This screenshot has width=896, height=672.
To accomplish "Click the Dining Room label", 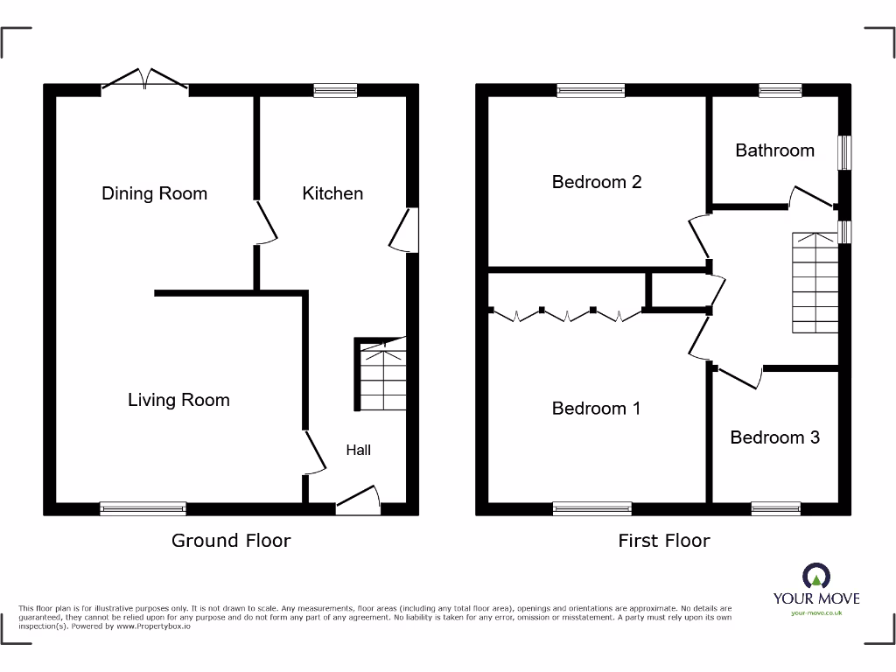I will pyautogui.click(x=154, y=193).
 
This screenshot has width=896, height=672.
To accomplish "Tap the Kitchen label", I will pyautogui.click(x=332, y=193).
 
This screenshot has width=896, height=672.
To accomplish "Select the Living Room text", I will pyautogui.click(x=178, y=400).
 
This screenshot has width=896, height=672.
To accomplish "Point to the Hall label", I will pyautogui.click(x=358, y=450).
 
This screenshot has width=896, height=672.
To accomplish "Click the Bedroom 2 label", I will pyautogui.click(x=597, y=182).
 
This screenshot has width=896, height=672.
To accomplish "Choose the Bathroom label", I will pyautogui.click(x=774, y=150).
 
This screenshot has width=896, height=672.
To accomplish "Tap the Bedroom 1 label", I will pyautogui.click(x=597, y=408).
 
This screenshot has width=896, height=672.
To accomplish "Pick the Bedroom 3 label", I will pyautogui.click(x=774, y=437).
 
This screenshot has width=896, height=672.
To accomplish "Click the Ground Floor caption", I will pyautogui.click(x=231, y=541).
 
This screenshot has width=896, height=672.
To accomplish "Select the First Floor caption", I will pyautogui.click(x=664, y=541).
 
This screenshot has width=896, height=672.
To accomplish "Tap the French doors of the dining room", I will pyautogui.click(x=145, y=80).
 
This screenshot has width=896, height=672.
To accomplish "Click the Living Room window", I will pyautogui.click(x=143, y=508).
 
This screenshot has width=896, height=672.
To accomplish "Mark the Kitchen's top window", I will pyautogui.click(x=336, y=90).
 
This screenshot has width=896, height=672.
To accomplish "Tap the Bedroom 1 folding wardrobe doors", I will pyautogui.click(x=567, y=313).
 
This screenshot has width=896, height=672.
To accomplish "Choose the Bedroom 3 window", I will pyautogui.click(x=775, y=508).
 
